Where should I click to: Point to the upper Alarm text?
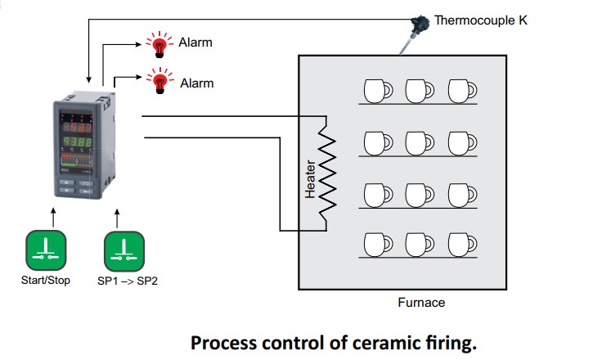click(x=195, y=43)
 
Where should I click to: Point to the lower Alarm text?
click(x=196, y=83)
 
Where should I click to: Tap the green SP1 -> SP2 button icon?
click(x=124, y=250)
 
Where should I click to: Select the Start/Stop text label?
click(x=46, y=281)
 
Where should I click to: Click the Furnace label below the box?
click(x=421, y=303)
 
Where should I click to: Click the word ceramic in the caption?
click(x=371, y=341)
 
